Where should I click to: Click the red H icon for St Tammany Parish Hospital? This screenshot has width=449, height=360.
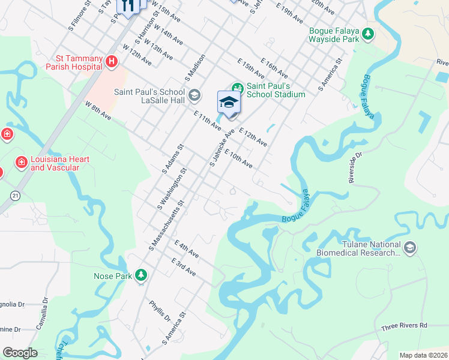coord(111,61)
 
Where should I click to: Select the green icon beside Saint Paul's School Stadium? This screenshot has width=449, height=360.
coord(237,88)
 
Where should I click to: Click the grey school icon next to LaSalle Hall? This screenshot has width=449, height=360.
coord(194,95)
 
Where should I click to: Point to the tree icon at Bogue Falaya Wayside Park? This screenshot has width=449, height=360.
coord(367,35)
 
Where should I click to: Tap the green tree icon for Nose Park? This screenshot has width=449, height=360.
coord(141,275)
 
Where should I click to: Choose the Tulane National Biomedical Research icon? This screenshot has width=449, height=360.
coord(409,248)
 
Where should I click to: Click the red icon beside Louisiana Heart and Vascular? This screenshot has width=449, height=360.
coord(21,163)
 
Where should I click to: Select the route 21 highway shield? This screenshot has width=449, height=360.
coord(15,195)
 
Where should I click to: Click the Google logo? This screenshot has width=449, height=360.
coord(20,353)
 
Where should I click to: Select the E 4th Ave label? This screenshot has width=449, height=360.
coord(187,249)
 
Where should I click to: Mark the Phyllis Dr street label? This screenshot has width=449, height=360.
coord(160,311)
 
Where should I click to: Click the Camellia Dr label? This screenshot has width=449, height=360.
coord(45,310)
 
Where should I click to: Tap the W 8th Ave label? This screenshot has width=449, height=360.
coord(98,110)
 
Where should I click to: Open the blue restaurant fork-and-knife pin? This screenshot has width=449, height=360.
coord(127,6)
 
